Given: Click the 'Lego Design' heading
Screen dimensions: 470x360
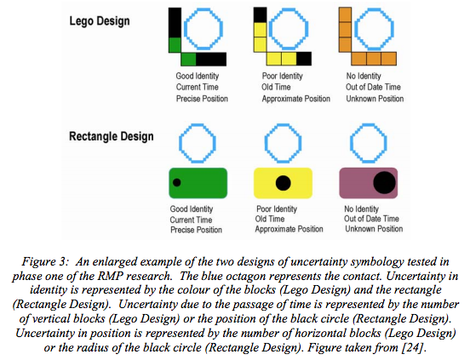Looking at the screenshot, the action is (x=100, y=21).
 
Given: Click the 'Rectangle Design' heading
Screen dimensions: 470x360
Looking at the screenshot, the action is (x=112, y=136).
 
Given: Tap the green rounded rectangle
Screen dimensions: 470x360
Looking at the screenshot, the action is (x=198, y=183).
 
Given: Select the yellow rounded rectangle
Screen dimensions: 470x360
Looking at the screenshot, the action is (x=283, y=183).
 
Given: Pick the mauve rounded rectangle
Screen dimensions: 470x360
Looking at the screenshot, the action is (x=369, y=183).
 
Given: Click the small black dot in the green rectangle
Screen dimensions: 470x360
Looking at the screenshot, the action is (x=177, y=182).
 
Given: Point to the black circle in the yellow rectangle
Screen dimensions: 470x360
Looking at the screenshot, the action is (x=284, y=183).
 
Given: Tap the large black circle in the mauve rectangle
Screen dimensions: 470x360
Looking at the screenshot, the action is (x=385, y=183).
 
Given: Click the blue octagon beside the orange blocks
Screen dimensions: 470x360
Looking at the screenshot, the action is (x=374, y=12).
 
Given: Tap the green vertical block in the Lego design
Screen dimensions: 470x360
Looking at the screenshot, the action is (x=175, y=45).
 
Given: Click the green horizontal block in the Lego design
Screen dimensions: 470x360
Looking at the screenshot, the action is (x=188, y=59).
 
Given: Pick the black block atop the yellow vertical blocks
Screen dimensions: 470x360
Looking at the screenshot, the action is (x=261, y=15).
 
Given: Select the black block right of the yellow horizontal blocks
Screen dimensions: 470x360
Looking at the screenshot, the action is (x=304, y=59).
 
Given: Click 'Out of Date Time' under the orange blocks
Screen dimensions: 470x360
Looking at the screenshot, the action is (x=373, y=87).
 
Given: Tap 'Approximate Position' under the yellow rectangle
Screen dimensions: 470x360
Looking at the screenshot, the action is (x=289, y=229).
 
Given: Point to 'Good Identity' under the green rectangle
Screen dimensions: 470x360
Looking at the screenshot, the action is (x=192, y=209).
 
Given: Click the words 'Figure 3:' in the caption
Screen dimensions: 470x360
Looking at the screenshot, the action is (x=45, y=262).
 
